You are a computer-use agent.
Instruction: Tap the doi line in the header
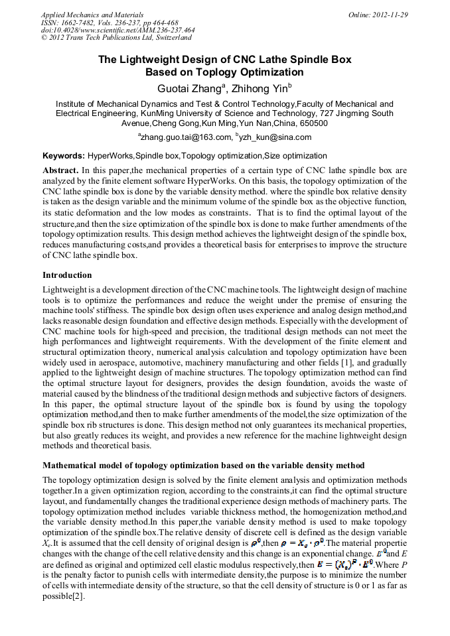(117, 30)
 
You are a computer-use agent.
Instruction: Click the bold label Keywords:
(64, 156)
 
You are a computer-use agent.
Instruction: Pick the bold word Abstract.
(60, 170)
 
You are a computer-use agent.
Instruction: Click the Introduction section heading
(67, 275)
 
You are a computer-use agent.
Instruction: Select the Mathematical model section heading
(203, 466)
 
